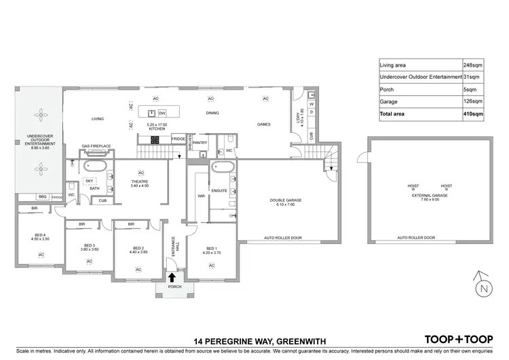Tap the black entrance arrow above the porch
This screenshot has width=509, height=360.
tap(172, 276)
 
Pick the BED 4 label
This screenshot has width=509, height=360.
tap(41, 236)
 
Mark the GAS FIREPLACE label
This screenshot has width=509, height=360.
tap(96, 146)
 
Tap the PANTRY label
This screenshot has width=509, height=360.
tap(200, 143)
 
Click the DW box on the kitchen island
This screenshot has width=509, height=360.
tap(162, 112)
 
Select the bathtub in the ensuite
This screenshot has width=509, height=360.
tap(223, 168)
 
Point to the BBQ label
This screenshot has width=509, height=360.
tap(42, 197)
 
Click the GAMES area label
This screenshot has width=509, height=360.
tap(264, 125)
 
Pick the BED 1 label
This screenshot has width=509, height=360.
tap(211, 249)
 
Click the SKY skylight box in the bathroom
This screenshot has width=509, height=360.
tap(89, 181)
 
